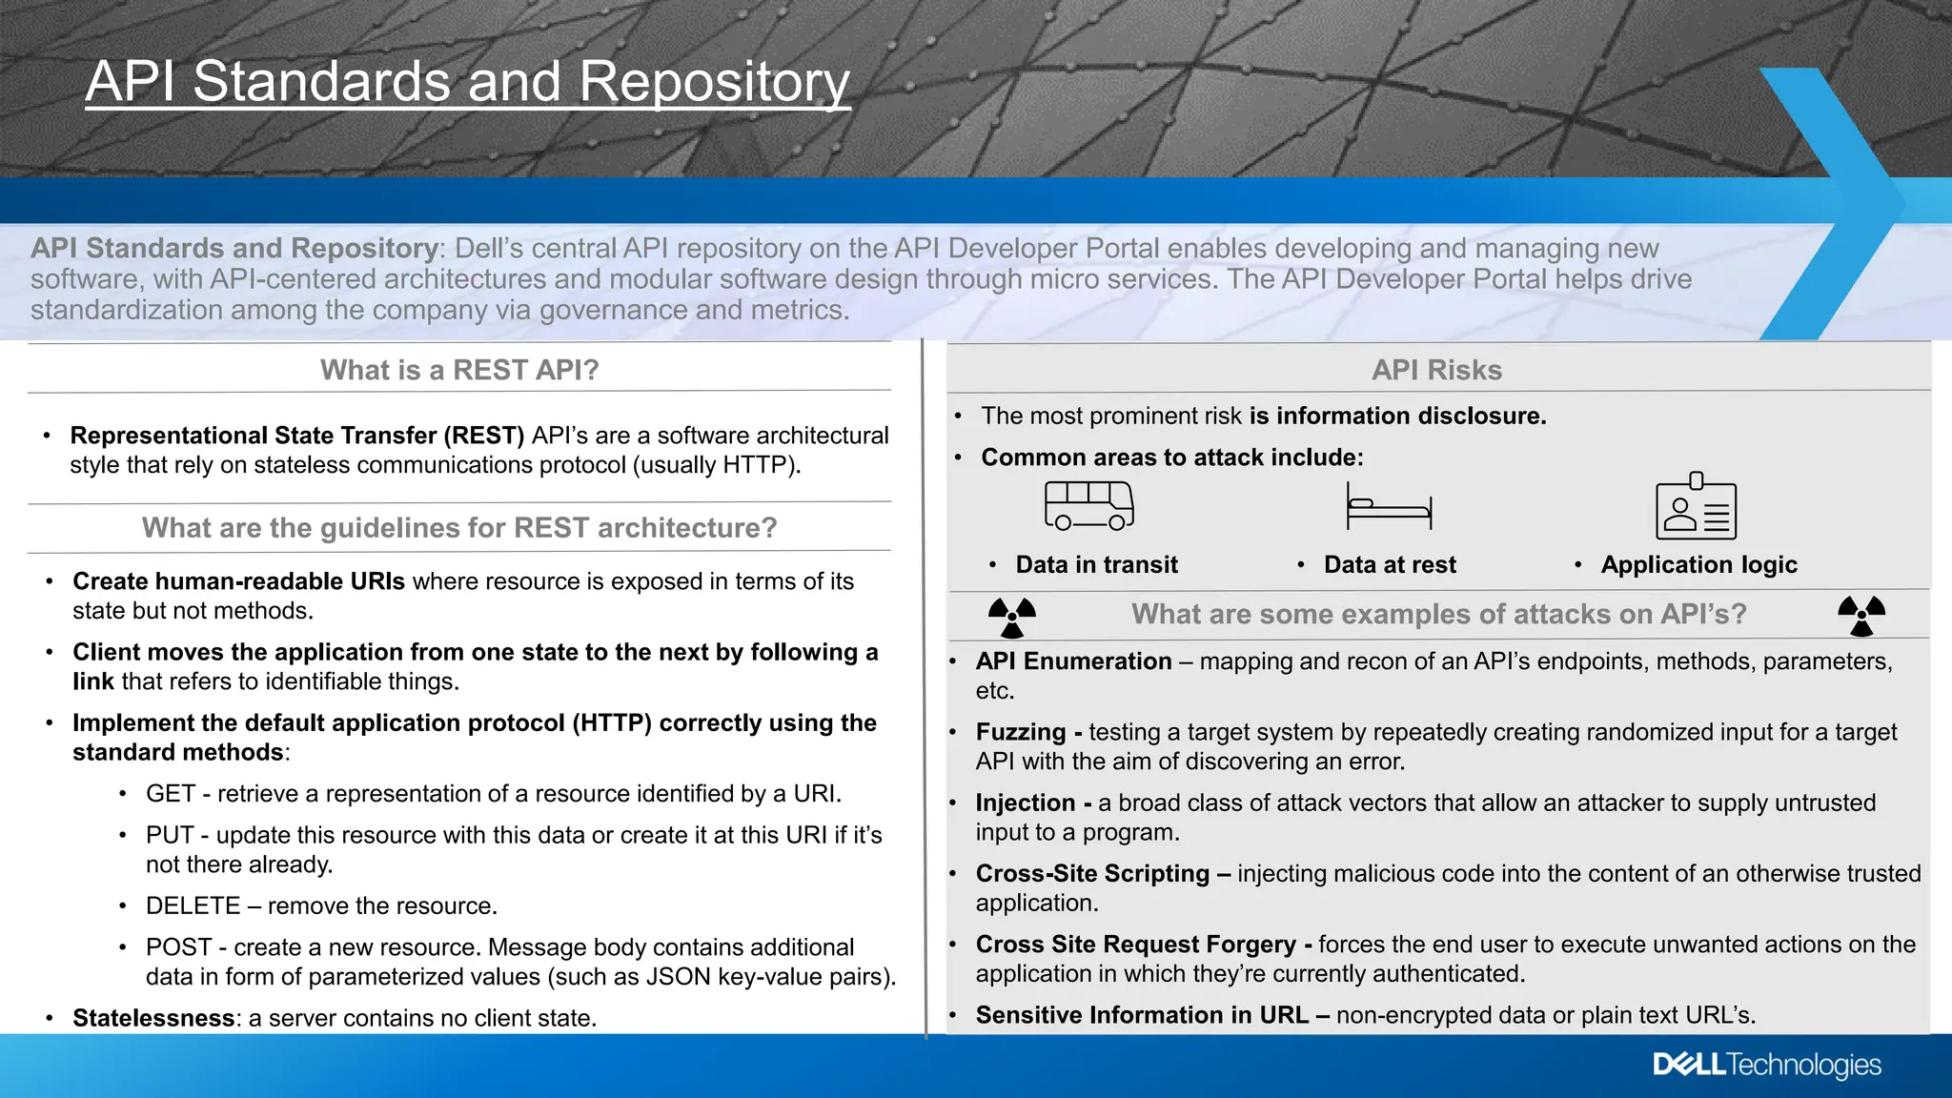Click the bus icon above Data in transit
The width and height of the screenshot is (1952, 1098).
[x=1088, y=505]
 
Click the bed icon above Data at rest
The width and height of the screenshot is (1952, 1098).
[x=1389, y=507]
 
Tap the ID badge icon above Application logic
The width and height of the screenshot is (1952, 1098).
[x=1696, y=507]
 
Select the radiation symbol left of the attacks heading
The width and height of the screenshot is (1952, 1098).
[x=1012, y=617]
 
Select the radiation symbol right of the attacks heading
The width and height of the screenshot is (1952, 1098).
[x=1861, y=616]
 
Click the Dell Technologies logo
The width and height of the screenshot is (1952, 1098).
[x=1766, y=1065]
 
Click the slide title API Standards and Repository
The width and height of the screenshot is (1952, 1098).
[x=467, y=82]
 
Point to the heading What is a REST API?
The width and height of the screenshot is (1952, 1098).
[x=459, y=370]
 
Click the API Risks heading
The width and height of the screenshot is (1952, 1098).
[x=1436, y=370]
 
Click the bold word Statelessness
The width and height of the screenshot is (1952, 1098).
[x=153, y=1018]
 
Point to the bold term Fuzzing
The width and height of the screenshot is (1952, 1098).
[x=1020, y=732]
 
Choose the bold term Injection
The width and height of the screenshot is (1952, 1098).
[x=1025, y=803]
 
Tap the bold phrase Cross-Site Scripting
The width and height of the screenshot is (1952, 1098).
[x=1092, y=873]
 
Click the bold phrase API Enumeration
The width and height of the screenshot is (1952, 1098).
[x=1073, y=661]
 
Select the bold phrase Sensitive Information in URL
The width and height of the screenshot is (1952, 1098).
[x=1142, y=1015]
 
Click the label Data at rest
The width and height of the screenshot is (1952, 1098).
[x=1390, y=565]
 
